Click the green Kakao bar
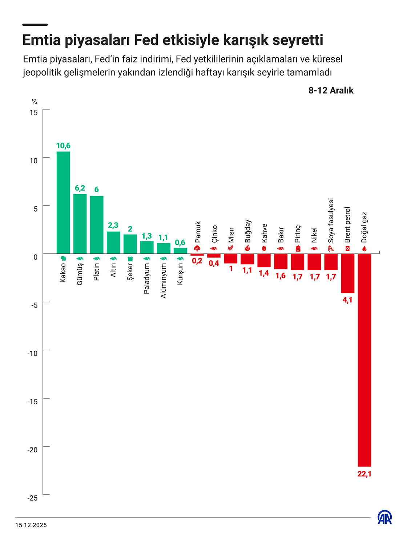(x=63, y=202)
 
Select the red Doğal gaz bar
(x=364, y=359)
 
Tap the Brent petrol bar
(x=347, y=273)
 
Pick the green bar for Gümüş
(x=80, y=224)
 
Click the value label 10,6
(x=63, y=146)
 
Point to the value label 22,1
(x=364, y=474)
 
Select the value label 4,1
(x=347, y=300)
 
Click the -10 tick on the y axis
(x=33, y=353)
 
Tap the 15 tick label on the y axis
(x=33, y=113)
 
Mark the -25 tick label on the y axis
(x=33, y=498)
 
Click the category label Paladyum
(x=146, y=278)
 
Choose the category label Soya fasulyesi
(x=331, y=220)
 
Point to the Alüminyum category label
(x=164, y=281)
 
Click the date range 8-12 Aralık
(x=331, y=90)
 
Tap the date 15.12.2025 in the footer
(x=31, y=525)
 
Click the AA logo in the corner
(x=384, y=517)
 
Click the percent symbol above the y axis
(x=35, y=102)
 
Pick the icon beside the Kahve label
(x=264, y=249)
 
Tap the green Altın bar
(x=113, y=243)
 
